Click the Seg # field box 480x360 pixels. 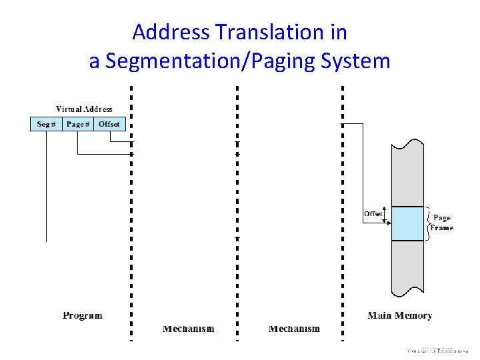(x=46, y=124)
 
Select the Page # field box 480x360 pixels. (x=78, y=124)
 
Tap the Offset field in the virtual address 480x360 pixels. (x=109, y=124)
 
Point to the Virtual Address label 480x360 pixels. (x=84, y=109)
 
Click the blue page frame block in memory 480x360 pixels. (x=407, y=223)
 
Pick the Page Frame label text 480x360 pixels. (x=441, y=223)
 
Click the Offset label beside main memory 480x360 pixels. (x=373, y=214)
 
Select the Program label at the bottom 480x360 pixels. (x=83, y=315)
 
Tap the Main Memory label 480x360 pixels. (x=400, y=315)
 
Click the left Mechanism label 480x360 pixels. (x=189, y=329)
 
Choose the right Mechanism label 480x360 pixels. (x=294, y=329)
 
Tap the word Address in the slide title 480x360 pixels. (x=171, y=32)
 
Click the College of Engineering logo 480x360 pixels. (x=438, y=350)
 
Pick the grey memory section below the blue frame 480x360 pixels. (x=407, y=267)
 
